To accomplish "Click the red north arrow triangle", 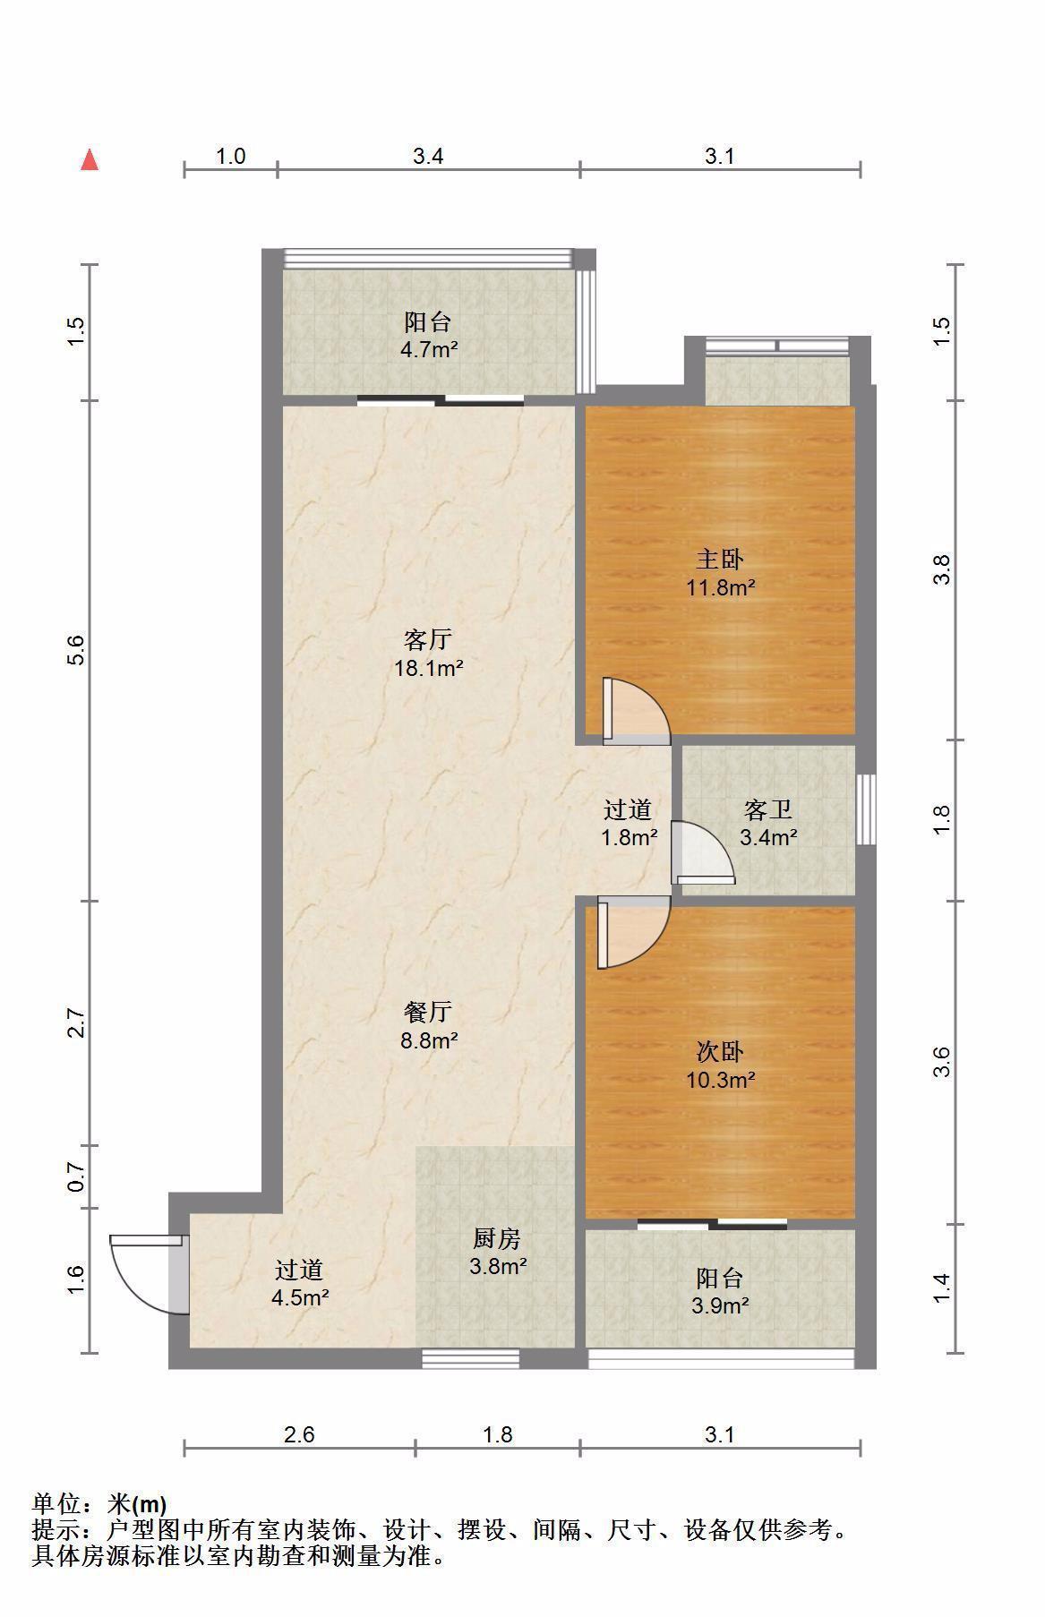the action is coord(90,160).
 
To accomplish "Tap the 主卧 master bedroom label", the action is coord(720,560).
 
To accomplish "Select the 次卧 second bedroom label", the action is coord(720,1051).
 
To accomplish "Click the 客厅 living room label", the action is coord(428,639).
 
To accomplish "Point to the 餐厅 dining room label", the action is coord(428,1012).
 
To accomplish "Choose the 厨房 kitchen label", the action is coord(497,1238).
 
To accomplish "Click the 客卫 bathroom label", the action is coord(768,809).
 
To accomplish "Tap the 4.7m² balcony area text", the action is coord(429,349).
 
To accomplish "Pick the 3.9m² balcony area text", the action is coord(720,1305).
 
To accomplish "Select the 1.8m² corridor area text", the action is coord(629,838).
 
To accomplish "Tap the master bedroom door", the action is coord(636,711).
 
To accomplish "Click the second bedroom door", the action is coord(633,932).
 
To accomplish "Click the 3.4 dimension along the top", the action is coord(428,156).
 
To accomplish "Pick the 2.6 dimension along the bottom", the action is coord(299,1434).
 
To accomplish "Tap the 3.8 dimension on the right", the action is coord(941,569).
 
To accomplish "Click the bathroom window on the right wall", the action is coord(865,808).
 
